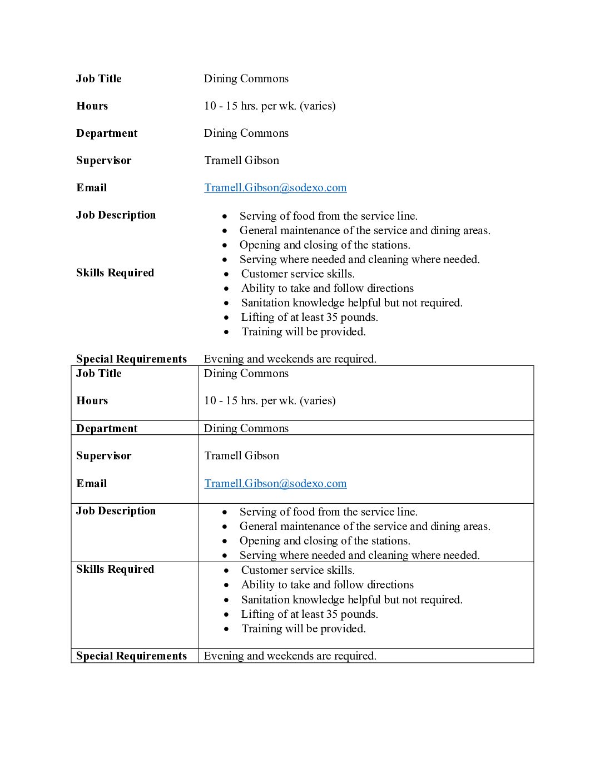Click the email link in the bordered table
275,483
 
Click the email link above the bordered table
275,187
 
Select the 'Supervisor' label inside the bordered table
104,455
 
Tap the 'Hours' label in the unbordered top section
92,106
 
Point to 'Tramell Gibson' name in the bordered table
241,455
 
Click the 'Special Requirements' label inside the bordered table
131,656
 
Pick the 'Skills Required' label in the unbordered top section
115,272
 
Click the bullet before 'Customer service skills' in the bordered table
226,571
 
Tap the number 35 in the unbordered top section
332,317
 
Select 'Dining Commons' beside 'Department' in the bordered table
246,428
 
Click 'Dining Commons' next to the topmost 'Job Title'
246,78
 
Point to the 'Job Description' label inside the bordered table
116,511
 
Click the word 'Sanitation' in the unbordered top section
265,303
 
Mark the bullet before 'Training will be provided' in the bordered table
226,629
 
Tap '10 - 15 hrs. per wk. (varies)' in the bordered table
270,400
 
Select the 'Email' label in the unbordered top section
92,187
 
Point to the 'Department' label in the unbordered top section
107,133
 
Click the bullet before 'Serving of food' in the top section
225,216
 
